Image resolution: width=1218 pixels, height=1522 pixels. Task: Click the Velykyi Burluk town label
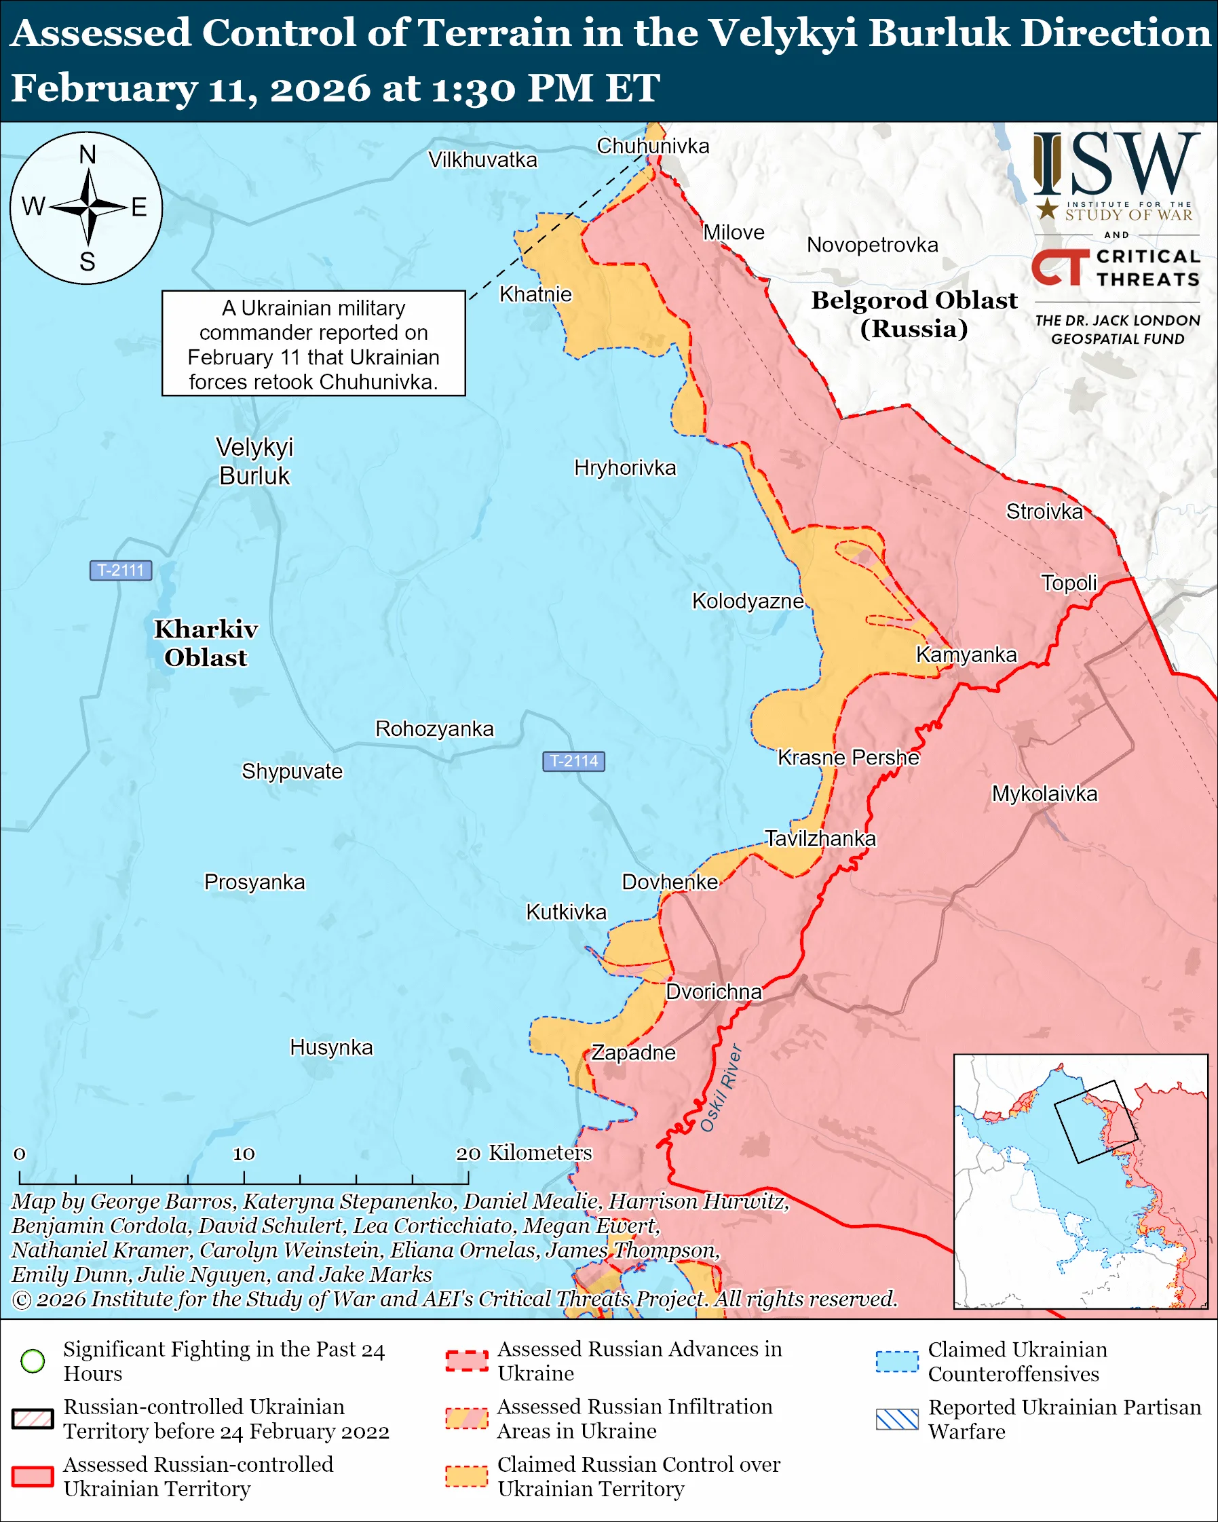[x=254, y=461]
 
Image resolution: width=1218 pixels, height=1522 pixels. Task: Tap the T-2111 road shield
[x=121, y=570]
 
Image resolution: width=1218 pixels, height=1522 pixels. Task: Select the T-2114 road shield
[x=573, y=761]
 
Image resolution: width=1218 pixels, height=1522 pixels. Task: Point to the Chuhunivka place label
[x=652, y=146]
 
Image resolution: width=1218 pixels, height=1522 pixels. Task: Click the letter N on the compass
[x=87, y=155]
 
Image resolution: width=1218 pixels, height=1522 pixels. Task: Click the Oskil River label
[x=721, y=1088]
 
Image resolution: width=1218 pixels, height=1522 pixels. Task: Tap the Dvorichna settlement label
[x=714, y=992]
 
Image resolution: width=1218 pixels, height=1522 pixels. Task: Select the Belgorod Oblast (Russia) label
[x=914, y=314]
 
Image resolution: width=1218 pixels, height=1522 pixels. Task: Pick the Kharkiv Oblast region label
[x=206, y=643]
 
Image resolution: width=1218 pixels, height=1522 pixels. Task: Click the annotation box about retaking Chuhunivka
[x=313, y=344]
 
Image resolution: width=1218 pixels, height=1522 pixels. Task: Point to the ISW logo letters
[x=1116, y=165]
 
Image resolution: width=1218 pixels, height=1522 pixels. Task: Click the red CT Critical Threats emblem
[x=1059, y=267]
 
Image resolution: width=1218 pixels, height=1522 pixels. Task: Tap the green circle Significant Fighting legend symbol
[x=33, y=1361]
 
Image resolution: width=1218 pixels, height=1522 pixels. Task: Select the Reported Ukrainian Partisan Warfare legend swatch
[x=897, y=1418]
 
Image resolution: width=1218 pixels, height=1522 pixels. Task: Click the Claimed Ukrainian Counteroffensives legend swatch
[x=897, y=1361]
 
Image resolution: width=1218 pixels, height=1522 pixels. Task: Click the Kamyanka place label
[x=967, y=655]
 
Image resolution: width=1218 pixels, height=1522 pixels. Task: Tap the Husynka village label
[x=331, y=1047]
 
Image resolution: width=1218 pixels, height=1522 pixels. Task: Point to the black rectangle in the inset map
[x=1096, y=1122]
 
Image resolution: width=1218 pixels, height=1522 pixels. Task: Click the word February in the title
[x=104, y=88]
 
